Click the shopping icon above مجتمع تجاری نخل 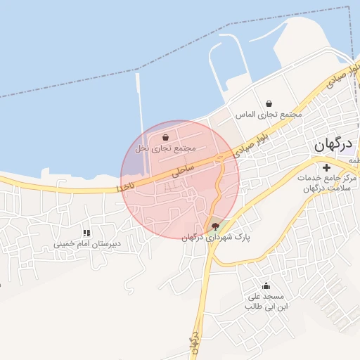[165, 137]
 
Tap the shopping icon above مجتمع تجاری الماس [269, 103]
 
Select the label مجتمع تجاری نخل [165, 148]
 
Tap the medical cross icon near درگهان [326, 167]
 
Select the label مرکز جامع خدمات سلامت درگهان [326, 184]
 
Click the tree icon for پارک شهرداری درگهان [214, 226]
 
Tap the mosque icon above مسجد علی [266, 285]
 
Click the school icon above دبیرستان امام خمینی [86, 233]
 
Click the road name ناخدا [125, 188]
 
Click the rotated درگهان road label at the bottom [195, 344]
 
